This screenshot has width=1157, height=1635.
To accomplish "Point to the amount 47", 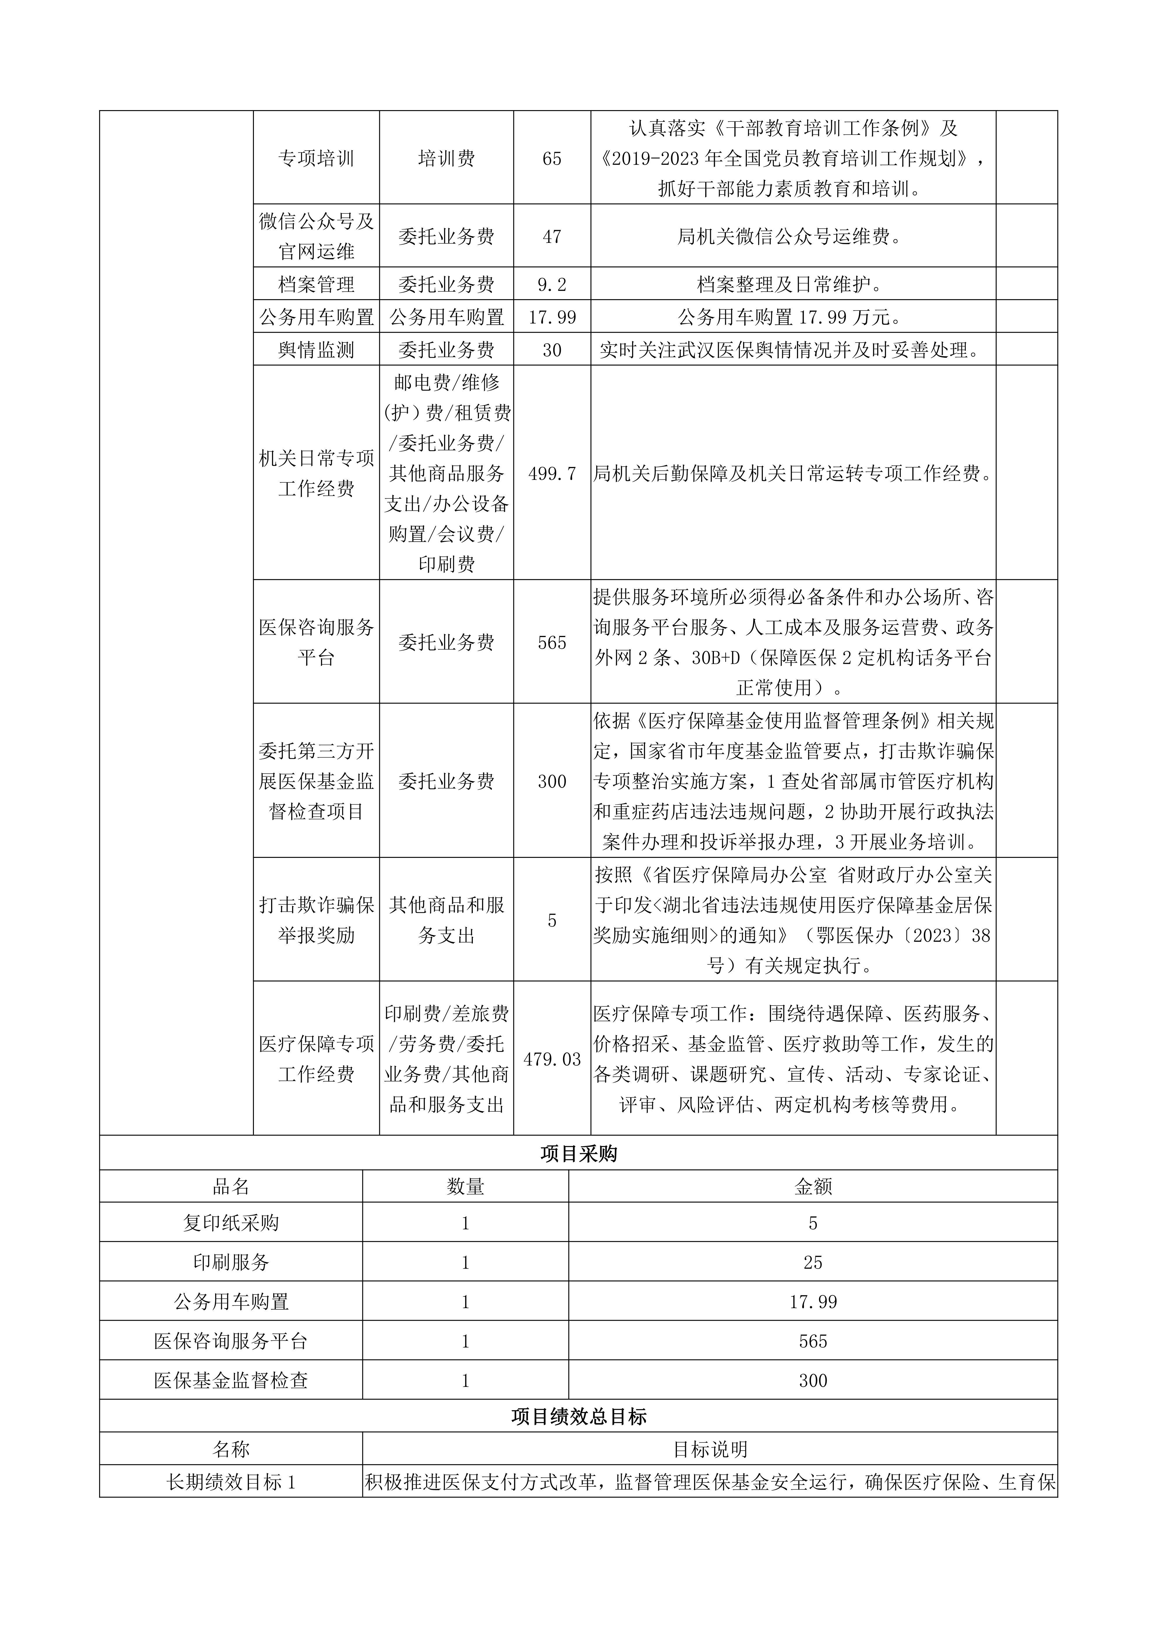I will (552, 237).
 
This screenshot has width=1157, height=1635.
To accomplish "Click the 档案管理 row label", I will (316, 285).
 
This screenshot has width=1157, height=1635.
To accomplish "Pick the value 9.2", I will (552, 285).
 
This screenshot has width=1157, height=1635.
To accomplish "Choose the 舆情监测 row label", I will (316, 350).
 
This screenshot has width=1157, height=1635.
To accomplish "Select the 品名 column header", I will (231, 1186).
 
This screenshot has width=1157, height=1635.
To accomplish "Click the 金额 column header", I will (813, 1186).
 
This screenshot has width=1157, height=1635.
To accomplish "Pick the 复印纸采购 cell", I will (231, 1223).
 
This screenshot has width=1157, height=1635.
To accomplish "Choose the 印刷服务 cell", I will (231, 1262).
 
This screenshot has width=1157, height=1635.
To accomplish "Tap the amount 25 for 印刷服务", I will (813, 1262).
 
